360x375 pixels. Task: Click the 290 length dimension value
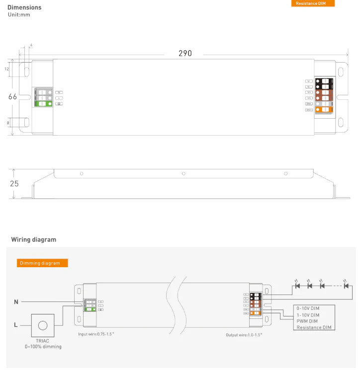point(185,54)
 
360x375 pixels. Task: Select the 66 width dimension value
point(13,97)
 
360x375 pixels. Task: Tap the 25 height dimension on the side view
point(14,183)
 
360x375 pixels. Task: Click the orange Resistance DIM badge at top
point(313,3)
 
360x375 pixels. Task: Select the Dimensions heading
point(24,7)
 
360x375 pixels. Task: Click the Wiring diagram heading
point(34,239)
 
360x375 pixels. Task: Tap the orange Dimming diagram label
point(42,263)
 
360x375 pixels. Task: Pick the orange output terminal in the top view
point(326,109)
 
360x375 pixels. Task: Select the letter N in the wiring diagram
point(16,301)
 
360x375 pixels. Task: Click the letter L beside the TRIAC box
point(16,325)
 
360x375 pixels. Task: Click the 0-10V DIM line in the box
point(308,308)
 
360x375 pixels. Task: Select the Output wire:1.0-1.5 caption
point(244,335)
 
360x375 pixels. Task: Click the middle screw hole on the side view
point(183,173)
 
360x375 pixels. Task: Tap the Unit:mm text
point(19,15)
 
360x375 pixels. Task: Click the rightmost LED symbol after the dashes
point(346,286)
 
